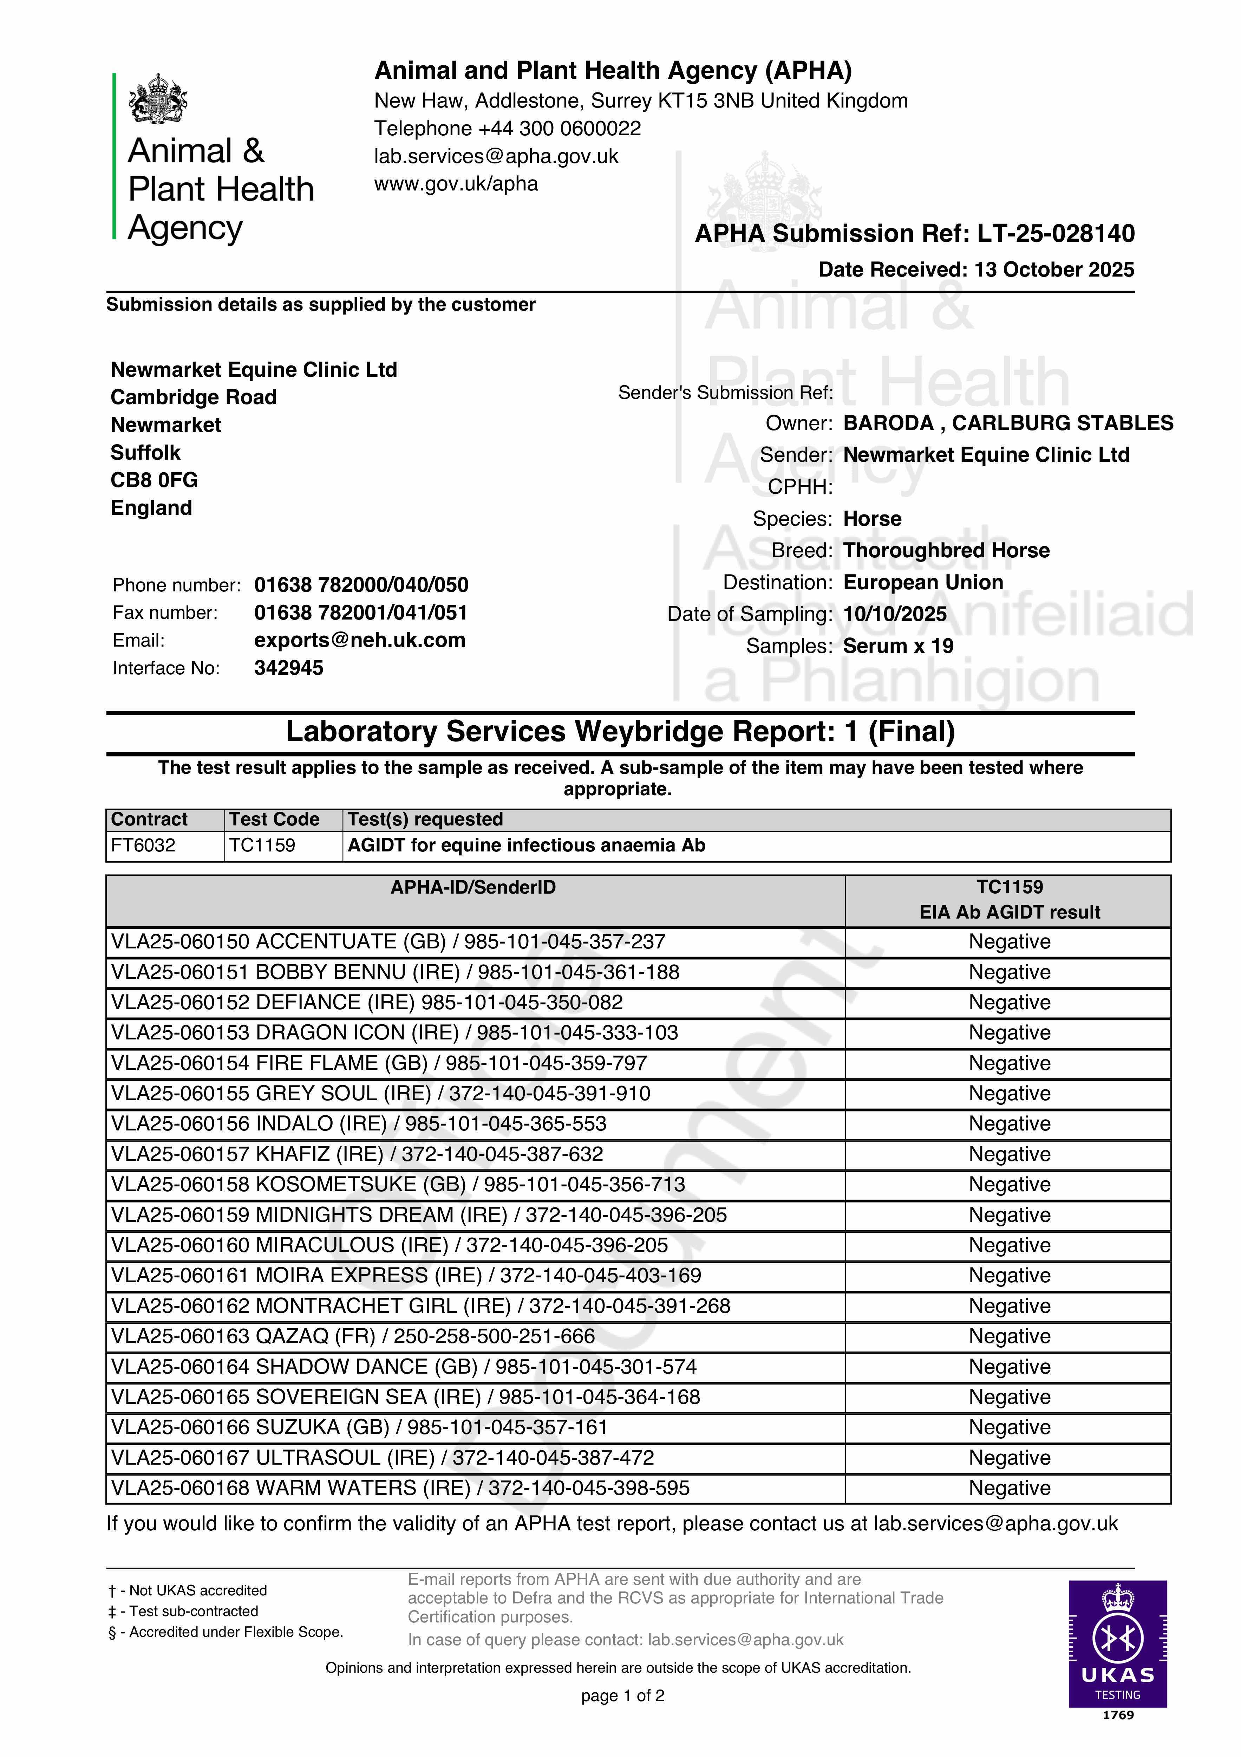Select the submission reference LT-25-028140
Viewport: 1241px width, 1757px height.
click(x=1056, y=233)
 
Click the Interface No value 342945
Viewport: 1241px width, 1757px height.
click(x=288, y=668)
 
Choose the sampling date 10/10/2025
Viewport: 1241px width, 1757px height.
click(x=894, y=614)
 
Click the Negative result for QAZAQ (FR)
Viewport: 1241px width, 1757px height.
click(x=1009, y=1336)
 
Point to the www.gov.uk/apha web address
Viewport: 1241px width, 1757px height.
click(x=456, y=184)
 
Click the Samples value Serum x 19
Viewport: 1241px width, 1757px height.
click(x=898, y=646)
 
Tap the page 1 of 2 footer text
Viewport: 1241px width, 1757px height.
click(x=622, y=1696)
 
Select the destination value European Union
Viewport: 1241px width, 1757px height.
click(x=923, y=582)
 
